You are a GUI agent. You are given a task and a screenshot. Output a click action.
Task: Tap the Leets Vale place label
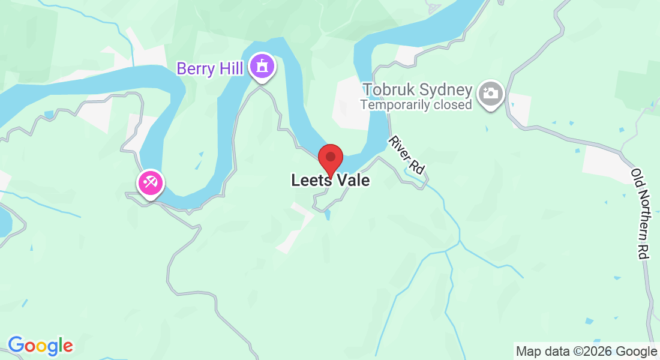click(330, 180)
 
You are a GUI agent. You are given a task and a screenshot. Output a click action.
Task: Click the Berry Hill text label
click(209, 69)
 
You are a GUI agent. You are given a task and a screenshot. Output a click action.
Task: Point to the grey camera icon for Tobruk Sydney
click(491, 94)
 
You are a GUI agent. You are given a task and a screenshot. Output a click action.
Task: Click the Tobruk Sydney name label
click(417, 91)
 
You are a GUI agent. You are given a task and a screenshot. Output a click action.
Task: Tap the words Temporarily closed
click(416, 104)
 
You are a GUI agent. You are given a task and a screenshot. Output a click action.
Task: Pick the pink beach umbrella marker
click(149, 182)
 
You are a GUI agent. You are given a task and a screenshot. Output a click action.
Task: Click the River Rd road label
click(407, 155)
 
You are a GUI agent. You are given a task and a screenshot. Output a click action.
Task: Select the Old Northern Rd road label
click(640, 214)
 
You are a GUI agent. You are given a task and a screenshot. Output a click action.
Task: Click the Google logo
click(40, 346)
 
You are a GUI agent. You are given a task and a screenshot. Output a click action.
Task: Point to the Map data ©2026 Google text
click(586, 351)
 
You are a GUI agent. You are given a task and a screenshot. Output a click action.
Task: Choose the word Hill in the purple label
click(230, 69)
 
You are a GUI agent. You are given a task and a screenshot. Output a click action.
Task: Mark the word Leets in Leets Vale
click(310, 180)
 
